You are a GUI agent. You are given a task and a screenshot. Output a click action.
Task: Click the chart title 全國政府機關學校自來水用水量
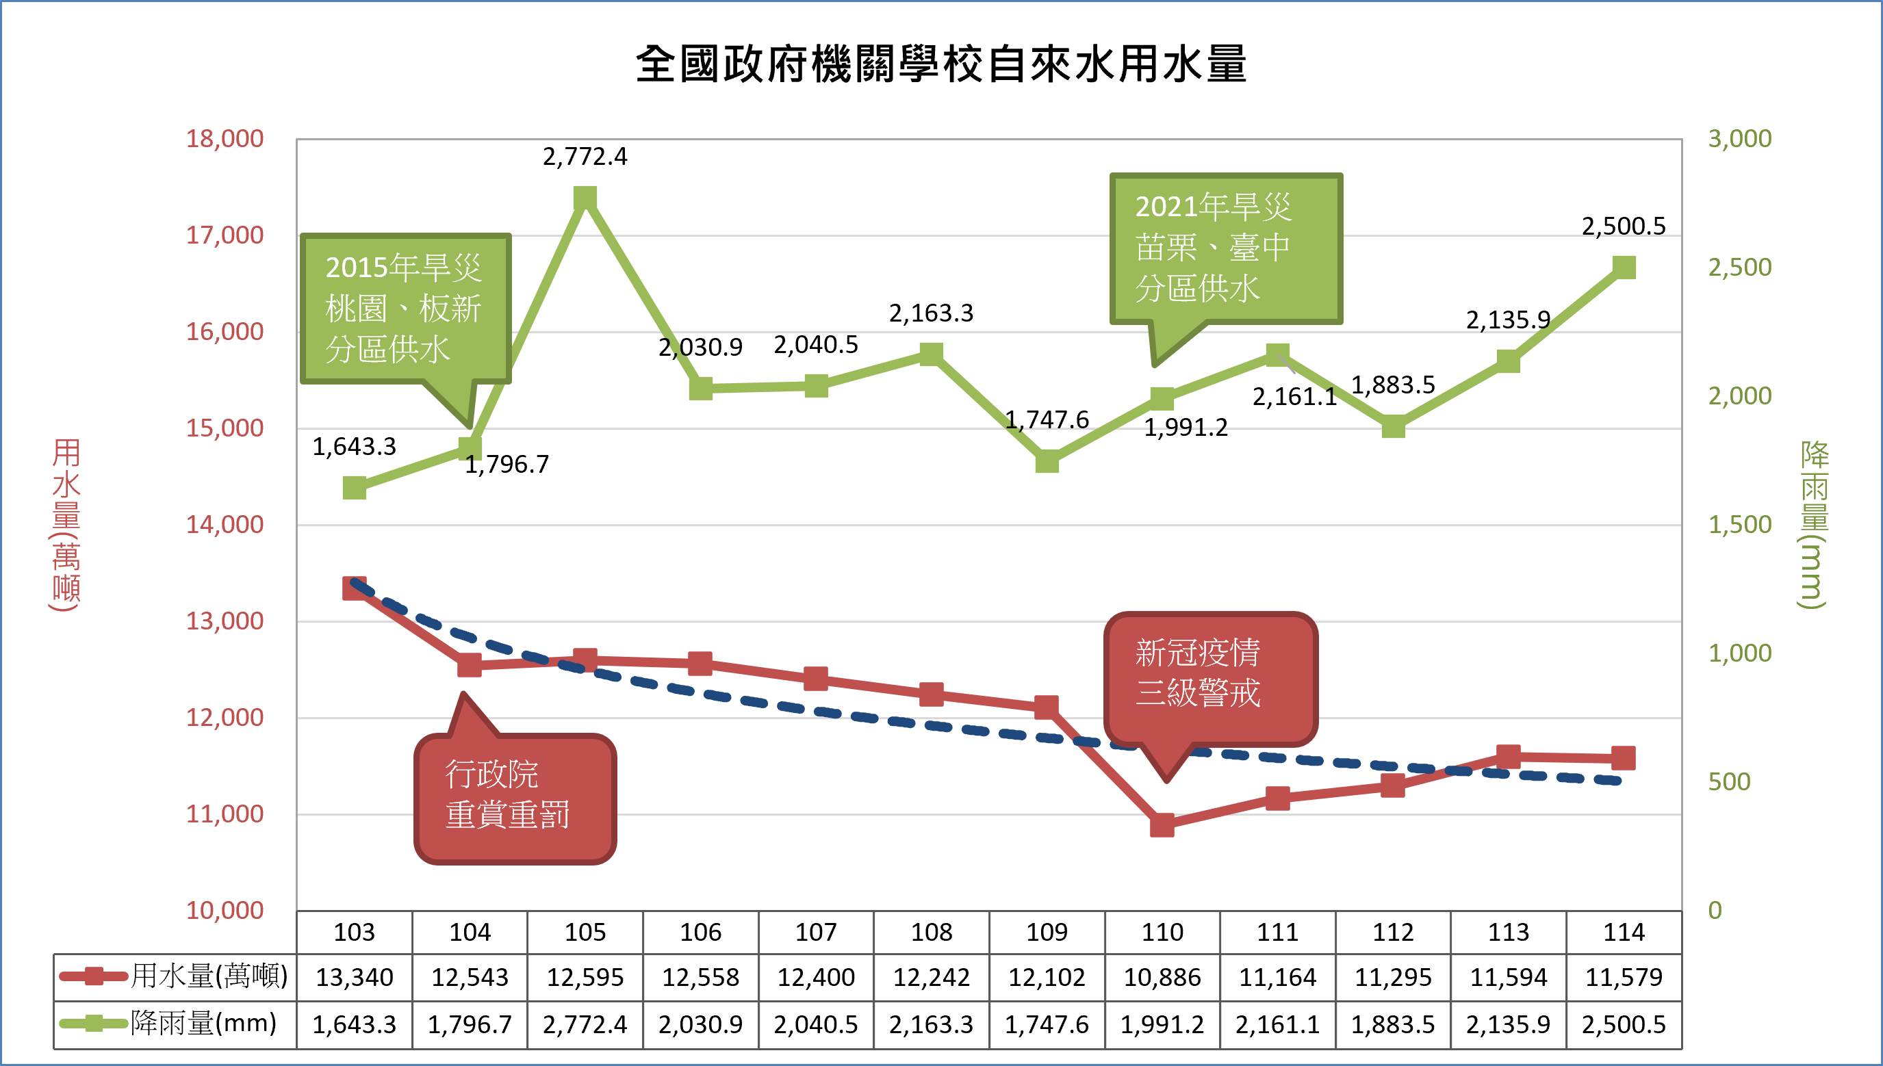coord(941,64)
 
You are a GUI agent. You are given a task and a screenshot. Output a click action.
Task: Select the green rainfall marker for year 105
coord(585,198)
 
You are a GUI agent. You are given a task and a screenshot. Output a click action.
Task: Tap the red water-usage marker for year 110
coord(1162,825)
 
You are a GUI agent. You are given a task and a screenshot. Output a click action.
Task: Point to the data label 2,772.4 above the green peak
coord(585,157)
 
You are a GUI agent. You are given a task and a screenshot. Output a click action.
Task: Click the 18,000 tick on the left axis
coord(224,138)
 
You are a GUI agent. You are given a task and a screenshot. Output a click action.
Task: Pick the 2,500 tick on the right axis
coord(1739,268)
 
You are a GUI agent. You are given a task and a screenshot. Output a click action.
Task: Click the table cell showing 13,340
coord(355,976)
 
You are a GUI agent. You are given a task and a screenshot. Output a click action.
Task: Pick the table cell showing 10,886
coord(1162,976)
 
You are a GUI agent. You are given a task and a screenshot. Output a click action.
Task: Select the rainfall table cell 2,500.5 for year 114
coord(1624,1024)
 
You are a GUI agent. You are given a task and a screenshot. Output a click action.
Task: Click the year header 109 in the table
coord(1047,932)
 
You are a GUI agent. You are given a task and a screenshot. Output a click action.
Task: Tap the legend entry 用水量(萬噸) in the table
coord(176,976)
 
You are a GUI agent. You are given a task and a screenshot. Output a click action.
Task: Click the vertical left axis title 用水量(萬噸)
coord(66,524)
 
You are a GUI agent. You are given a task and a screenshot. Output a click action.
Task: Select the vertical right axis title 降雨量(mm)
coord(1814,524)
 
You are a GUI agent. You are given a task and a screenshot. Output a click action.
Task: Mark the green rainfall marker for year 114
coord(1624,268)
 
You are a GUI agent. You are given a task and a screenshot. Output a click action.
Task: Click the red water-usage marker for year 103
coord(355,588)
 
